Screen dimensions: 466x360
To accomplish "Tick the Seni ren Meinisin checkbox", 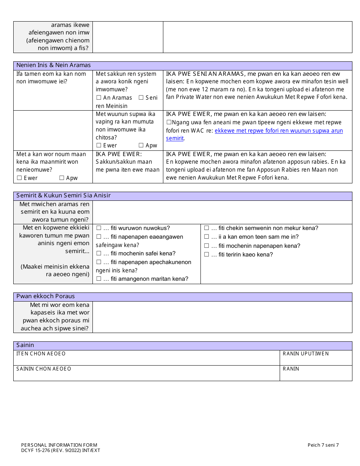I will click(x=141, y=98).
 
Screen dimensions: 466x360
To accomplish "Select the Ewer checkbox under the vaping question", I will click(x=99, y=145).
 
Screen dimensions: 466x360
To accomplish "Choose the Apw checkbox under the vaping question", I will click(x=141, y=145).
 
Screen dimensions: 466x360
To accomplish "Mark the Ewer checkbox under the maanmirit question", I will click(x=19, y=178).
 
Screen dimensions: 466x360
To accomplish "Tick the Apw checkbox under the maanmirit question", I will click(x=61, y=178).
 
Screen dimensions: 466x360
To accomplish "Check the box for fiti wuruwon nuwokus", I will click(x=99, y=228).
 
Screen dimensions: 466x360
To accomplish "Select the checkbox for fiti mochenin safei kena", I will click(x=99, y=253).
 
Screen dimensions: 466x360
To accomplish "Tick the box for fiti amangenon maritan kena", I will click(x=99, y=279).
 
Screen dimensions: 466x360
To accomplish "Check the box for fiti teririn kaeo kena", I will click(x=207, y=255).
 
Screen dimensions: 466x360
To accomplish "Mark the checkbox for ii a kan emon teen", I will click(x=207, y=237).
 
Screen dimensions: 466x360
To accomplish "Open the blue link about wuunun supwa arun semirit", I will click(x=279, y=131).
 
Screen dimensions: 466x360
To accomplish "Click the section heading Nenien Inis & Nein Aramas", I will click(x=53, y=65).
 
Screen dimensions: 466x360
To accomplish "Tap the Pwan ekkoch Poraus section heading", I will click(x=45, y=296).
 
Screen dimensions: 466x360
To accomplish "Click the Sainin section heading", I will click(x=25, y=345).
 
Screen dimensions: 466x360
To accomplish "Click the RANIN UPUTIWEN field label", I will click(x=305, y=354).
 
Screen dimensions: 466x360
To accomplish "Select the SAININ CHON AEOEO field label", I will click(x=44, y=369).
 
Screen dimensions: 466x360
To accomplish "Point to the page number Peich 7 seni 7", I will click(x=323, y=445).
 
